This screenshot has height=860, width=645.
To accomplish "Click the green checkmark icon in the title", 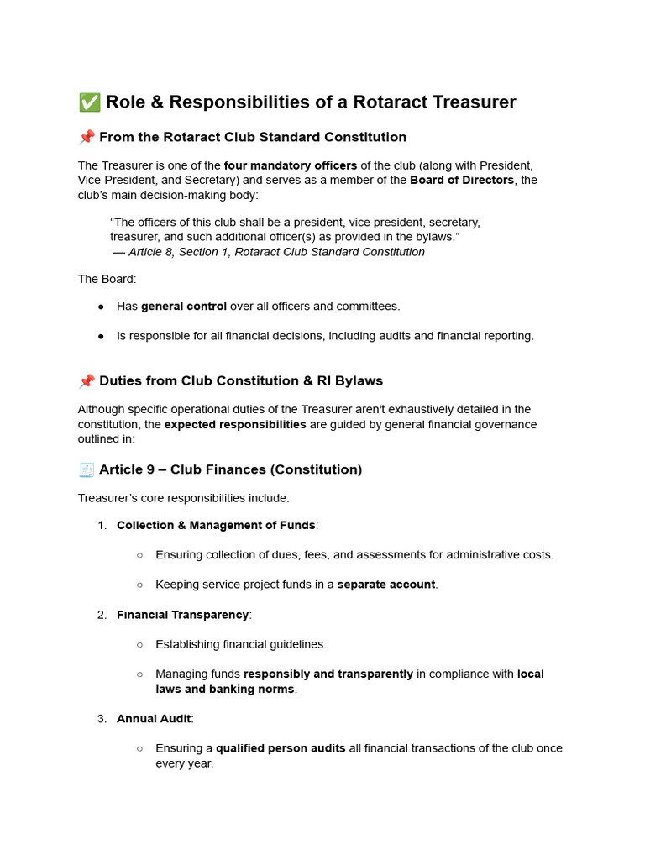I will tap(88, 102).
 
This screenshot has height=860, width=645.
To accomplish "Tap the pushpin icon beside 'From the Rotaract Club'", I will tap(87, 137).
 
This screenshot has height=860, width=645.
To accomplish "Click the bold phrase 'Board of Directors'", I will tap(462, 180).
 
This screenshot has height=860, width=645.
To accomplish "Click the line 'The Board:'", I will tap(107, 279).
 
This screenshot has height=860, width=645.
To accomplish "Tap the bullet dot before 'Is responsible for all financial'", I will tap(101, 336).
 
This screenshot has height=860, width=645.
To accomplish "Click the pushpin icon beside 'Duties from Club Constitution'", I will tap(87, 381).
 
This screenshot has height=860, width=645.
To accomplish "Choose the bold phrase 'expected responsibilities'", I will tap(235, 424).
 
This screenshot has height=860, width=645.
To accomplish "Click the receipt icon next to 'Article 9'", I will tap(87, 469).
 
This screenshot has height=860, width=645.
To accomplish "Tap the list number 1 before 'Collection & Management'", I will tap(102, 526).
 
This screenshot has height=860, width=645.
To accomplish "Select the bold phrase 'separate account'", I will tap(386, 585).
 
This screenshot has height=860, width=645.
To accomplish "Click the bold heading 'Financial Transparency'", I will tap(182, 615).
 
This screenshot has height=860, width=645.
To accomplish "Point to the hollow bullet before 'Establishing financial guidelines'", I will tap(139, 645).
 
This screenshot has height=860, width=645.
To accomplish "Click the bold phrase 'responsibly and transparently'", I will tap(328, 674).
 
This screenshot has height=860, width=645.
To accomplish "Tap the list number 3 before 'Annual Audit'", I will tap(102, 719).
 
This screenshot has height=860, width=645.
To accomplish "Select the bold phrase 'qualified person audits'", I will tap(281, 748).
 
